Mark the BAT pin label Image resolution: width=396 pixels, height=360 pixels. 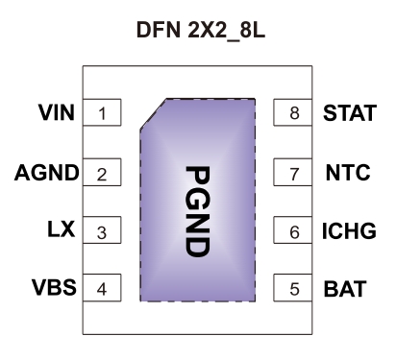pyautogui.click(x=342, y=288)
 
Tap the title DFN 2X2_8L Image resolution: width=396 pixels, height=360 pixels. pyautogui.click(x=197, y=34)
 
